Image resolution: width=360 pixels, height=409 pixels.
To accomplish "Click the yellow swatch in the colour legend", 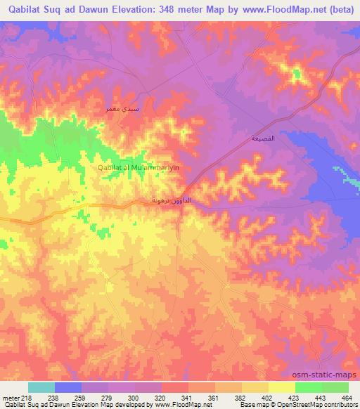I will tap(281, 387).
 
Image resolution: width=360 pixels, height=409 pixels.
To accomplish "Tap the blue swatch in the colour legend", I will tap(67, 387).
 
